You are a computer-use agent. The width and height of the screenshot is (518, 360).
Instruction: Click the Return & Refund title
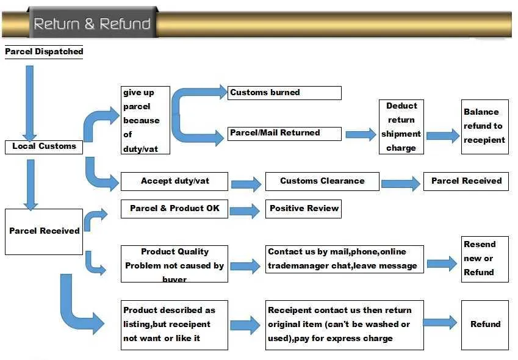click(x=92, y=24)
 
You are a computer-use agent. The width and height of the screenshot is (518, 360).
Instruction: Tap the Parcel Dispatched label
click(x=44, y=52)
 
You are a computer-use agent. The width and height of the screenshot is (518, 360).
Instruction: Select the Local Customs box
click(x=44, y=146)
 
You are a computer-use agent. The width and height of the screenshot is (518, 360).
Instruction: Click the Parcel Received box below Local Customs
click(x=44, y=231)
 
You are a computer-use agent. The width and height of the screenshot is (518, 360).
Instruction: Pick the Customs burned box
click(x=284, y=93)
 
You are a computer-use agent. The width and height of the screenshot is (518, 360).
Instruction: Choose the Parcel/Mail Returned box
click(x=284, y=133)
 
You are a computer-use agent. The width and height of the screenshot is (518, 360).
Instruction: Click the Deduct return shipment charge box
click(x=401, y=127)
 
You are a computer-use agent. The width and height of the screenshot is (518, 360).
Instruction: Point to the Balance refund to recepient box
click(x=484, y=126)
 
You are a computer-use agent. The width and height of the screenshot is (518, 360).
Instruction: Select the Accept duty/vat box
click(x=174, y=181)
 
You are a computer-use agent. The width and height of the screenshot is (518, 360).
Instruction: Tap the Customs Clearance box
click(x=322, y=181)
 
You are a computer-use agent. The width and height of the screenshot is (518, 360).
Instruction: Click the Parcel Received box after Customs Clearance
click(x=466, y=181)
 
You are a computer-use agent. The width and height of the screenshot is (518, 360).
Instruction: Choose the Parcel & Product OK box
click(x=174, y=209)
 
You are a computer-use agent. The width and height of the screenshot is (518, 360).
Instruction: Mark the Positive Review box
click(x=304, y=209)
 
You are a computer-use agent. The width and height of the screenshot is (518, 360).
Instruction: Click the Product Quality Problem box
click(x=174, y=264)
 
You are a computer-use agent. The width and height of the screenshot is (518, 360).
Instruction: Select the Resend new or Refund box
click(x=484, y=259)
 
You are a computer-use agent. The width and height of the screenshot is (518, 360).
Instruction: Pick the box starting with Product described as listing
click(x=174, y=325)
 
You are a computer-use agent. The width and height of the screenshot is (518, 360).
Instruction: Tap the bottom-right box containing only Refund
click(x=484, y=325)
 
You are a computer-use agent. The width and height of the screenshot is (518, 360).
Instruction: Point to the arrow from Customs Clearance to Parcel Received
click(x=401, y=182)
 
